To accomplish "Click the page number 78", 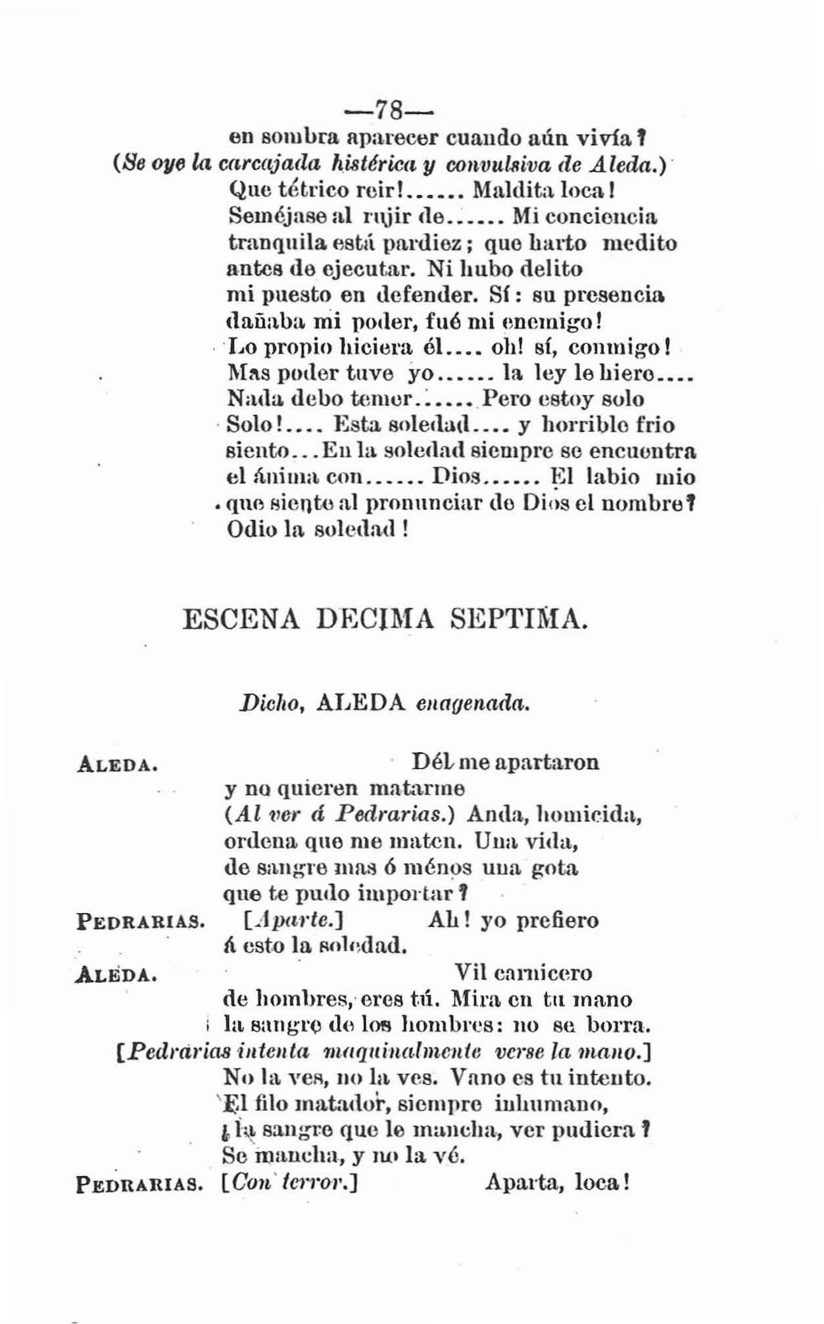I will (x=388, y=110).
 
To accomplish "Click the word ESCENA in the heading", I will (x=241, y=619).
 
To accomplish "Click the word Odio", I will (x=246, y=529).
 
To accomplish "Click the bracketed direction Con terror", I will (x=289, y=1183).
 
